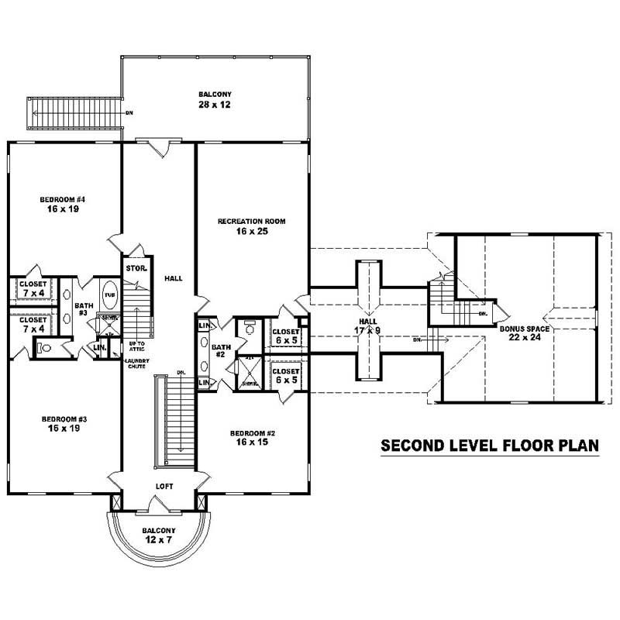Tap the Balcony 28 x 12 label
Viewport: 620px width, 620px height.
tap(215, 98)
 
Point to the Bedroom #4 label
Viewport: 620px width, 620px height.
tap(62, 205)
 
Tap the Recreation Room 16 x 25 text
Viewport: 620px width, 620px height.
tap(251, 226)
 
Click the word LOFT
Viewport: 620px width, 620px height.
tap(164, 487)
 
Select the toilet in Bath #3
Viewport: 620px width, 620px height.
tap(44, 349)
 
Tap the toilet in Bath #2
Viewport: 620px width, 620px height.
tap(250, 327)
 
